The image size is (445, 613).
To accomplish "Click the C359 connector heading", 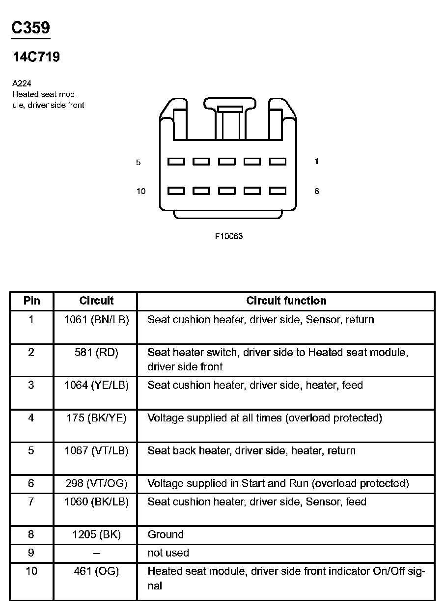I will tap(30, 28).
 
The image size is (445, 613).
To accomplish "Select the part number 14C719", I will tap(36, 57).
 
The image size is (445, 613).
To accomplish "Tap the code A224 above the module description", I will tap(22, 84).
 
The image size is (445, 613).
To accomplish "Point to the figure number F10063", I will tap(229, 236).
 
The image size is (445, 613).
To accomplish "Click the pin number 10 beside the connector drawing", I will tap(141, 191).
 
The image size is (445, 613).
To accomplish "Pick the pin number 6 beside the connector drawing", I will tap(316, 191).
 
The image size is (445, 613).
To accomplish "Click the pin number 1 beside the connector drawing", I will tap(316, 161).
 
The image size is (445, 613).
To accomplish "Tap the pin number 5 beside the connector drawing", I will tap(139, 162).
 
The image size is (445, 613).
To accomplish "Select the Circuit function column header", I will tap(286, 301).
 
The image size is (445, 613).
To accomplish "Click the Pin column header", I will tap(31, 301).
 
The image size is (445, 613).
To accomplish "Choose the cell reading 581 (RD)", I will tap(96, 352).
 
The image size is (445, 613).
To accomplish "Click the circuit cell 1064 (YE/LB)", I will tap(96, 385).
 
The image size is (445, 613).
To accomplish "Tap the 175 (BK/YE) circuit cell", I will tap(96, 418).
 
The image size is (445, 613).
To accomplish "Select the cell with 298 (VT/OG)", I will tap(96, 483).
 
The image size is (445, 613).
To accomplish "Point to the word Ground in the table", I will tap(166, 534).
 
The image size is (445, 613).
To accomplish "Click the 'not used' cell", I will tap(168, 553).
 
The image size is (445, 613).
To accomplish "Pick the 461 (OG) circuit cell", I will tap(96, 571).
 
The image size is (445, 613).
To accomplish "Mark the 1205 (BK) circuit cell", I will tap(96, 534).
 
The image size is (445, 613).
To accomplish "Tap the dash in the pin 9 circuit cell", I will tap(96, 553).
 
